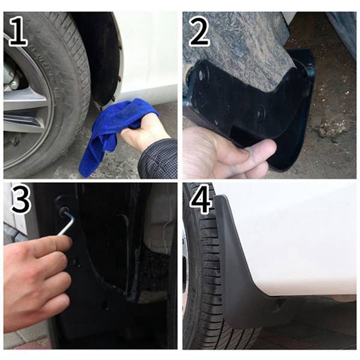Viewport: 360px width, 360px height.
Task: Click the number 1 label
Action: click(18, 31)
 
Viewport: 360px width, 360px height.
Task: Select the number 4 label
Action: click(200, 200)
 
